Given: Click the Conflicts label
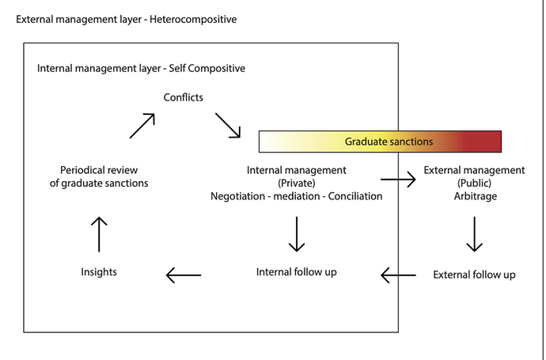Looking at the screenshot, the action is (183, 97).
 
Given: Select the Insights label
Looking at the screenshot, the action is (99, 272).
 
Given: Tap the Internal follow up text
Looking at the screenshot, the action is (296, 272).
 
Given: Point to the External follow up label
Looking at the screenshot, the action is (474, 275).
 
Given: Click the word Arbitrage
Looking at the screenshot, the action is (476, 196).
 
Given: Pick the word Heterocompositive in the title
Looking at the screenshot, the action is (193, 19).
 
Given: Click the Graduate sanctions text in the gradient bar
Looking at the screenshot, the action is (389, 142).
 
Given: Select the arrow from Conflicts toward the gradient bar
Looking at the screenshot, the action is (228, 125).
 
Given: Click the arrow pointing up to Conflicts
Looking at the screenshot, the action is (142, 126).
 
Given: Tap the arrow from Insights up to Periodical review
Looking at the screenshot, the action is (99, 234).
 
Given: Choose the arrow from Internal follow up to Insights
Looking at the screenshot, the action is (184, 275).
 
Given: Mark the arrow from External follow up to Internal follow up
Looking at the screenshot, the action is (398, 275).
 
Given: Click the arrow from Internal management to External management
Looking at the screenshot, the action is (398, 180).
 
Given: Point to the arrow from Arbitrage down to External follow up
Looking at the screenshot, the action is (474, 234).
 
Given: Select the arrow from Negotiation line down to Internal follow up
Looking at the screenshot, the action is (297, 234).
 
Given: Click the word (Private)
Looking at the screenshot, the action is (297, 183).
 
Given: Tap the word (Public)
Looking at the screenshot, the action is (475, 183).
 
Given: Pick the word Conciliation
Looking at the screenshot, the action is (355, 196).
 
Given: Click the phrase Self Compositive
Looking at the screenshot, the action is (207, 68).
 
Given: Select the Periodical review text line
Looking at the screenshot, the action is (99, 170).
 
